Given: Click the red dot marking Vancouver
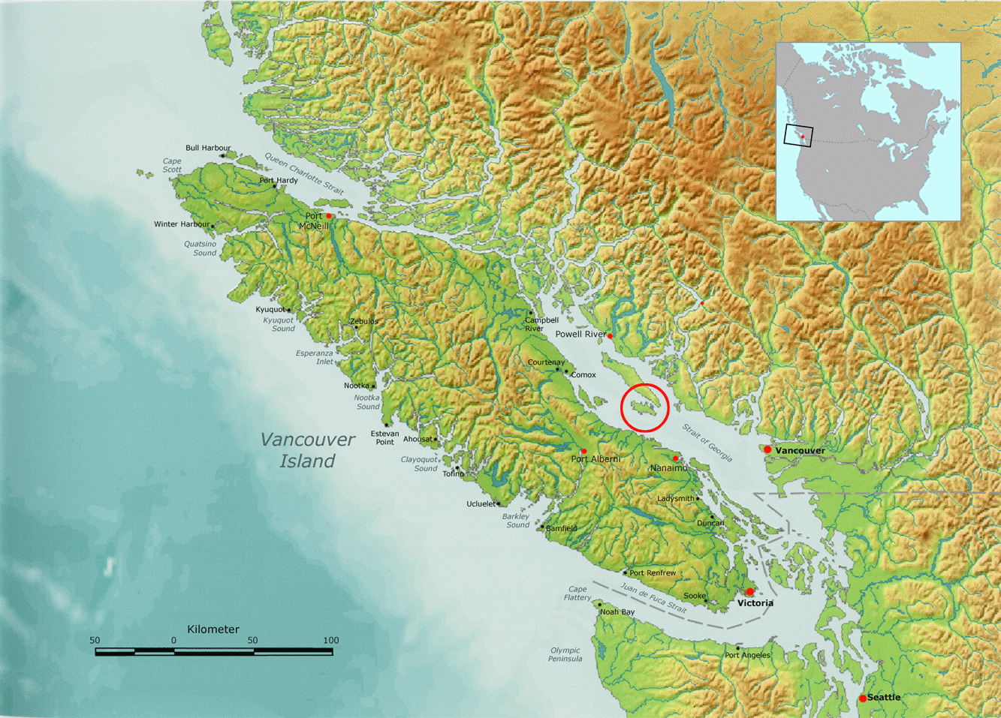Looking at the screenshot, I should pyautogui.click(x=767, y=449).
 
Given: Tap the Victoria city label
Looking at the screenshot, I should pyautogui.click(x=755, y=603).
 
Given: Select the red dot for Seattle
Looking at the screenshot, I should pyautogui.click(x=863, y=698).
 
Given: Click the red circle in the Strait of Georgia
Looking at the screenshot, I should pyautogui.click(x=644, y=407).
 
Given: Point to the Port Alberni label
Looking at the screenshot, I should pyautogui.click(x=595, y=459).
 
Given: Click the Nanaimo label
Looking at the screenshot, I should pyautogui.click(x=668, y=468).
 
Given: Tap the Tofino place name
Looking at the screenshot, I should pyautogui.click(x=453, y=474).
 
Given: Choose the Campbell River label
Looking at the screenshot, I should pyautogui.click(x=541, y=324).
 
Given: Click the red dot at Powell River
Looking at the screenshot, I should pyautogui.click(x=610, y=336).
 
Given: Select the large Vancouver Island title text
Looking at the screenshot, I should pyautogui.click(x=307, y=450).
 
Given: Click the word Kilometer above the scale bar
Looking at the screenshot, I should pyautogui.click(x=213, y=629).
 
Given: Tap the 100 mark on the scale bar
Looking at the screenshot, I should pyautogui.click(x=331, y=641).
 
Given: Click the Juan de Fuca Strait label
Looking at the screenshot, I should pyautogui.click(x=653, y=599).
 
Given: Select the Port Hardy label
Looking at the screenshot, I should pyautogui.click(x=279, y=180).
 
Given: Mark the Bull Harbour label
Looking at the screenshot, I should pyautogui.click(x=208, y=148).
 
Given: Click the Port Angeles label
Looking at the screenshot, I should pyautogui.click(x=747, y=655).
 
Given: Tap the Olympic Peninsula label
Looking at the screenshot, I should pyautogui.click(x=565, y=655).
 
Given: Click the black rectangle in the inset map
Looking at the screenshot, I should pyautogui.click(x=797, y=135).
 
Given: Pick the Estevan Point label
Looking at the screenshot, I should pyautogui.click(x=384, y=437).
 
